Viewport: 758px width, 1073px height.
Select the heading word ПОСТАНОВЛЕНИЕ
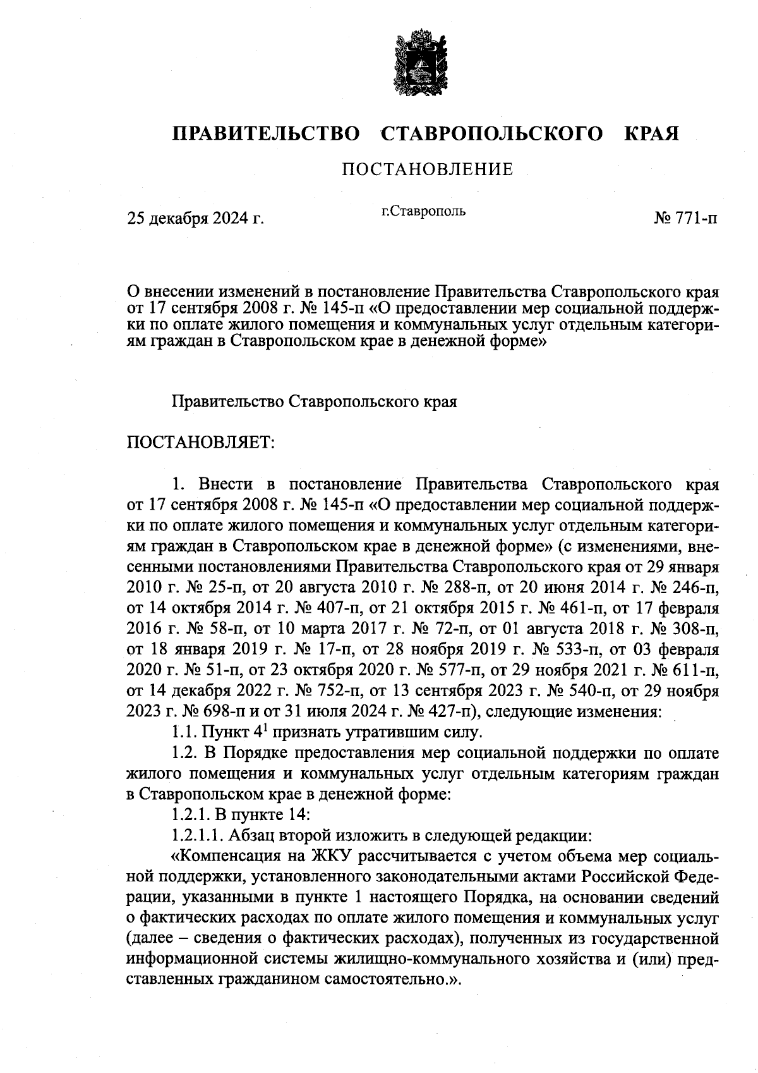click(427, 169)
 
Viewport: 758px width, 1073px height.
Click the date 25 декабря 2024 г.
click(195, 219)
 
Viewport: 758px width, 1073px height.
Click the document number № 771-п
click(686, 219)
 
